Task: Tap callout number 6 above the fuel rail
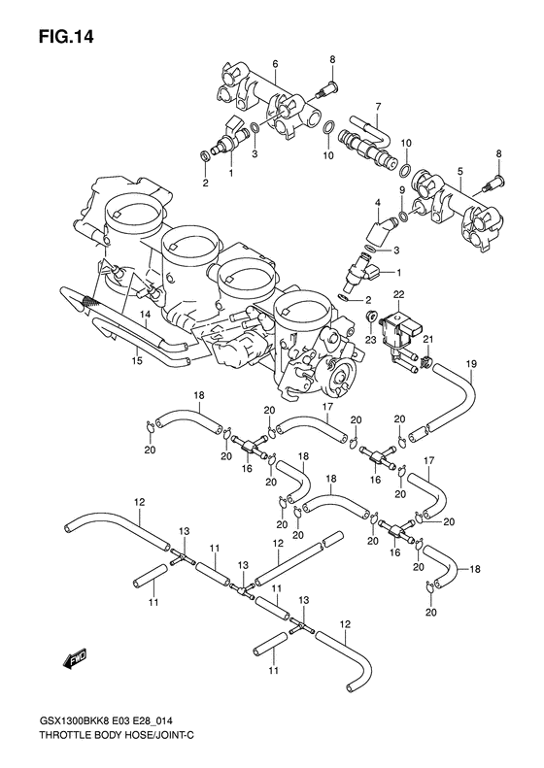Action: pyautogui.click(x=275, y=64)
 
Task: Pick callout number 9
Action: pyautogui.click(x=402, y=190)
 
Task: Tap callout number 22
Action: pyautogui.click(x=397, y=293)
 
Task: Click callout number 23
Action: pyautogui.click(x=371, y=339)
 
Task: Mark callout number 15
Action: pyautogui.click(x=138, y=359)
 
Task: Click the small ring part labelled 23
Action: pyautogui.click(x=372, y=317)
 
